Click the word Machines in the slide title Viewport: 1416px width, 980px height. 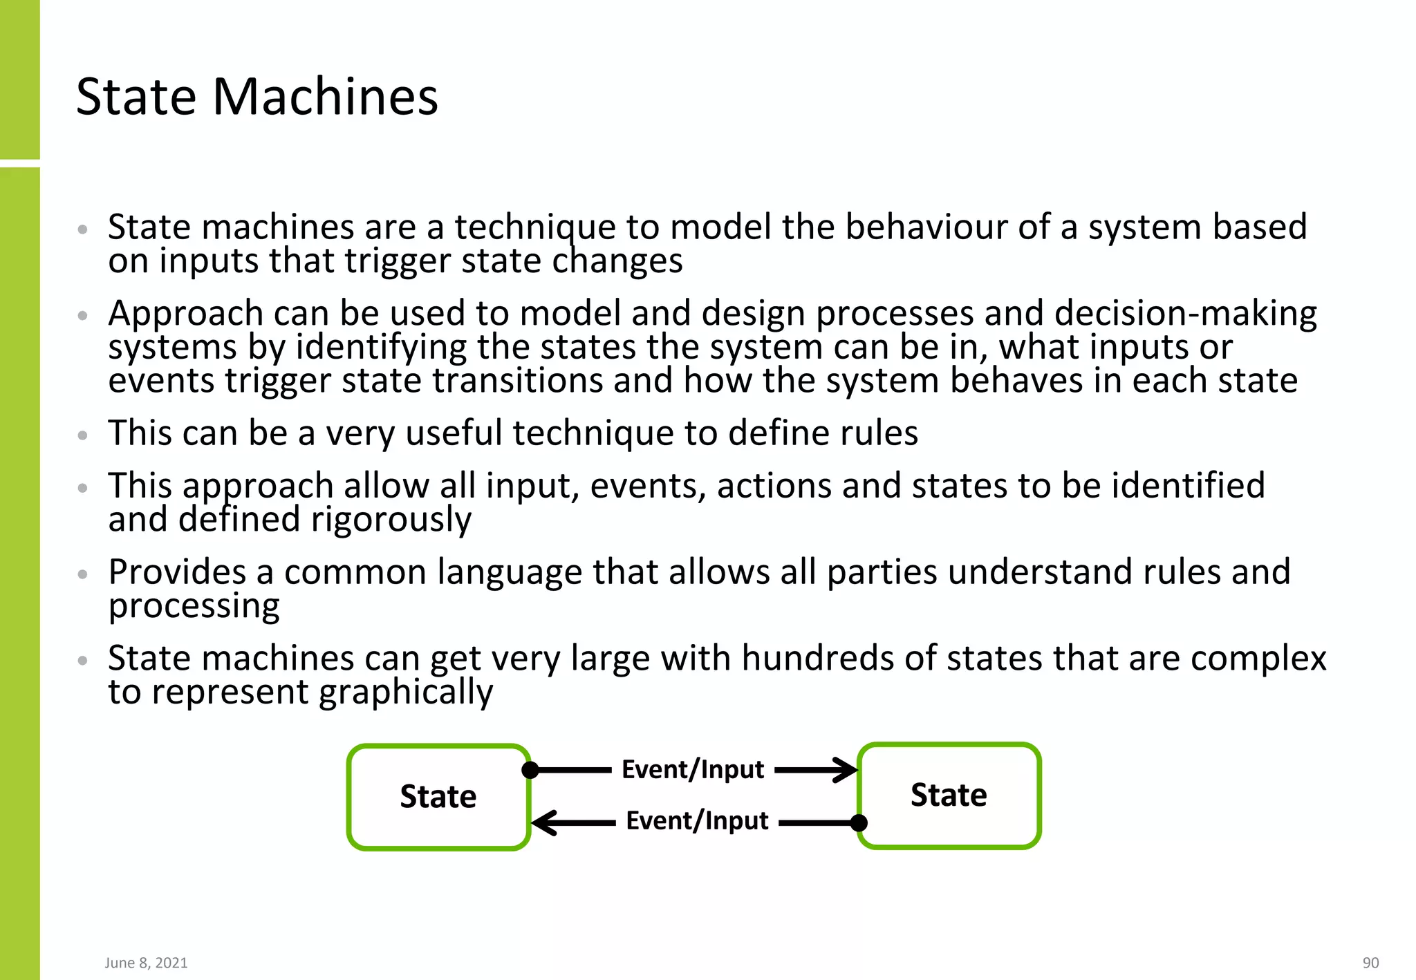325,97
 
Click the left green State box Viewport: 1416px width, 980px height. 438,797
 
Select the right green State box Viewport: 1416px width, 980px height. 949,795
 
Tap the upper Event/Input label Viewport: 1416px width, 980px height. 693,769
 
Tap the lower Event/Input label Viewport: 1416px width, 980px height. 697,821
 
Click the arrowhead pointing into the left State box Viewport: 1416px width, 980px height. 544,822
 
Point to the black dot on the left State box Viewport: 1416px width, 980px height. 530,770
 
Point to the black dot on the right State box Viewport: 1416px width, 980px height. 859,822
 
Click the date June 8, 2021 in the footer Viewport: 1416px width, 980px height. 146,963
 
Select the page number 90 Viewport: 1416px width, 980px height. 1370,963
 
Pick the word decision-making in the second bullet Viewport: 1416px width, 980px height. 1185,313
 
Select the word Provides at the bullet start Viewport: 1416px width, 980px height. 177,572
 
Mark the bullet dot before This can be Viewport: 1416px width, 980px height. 83,435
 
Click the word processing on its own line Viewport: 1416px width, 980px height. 194,606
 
